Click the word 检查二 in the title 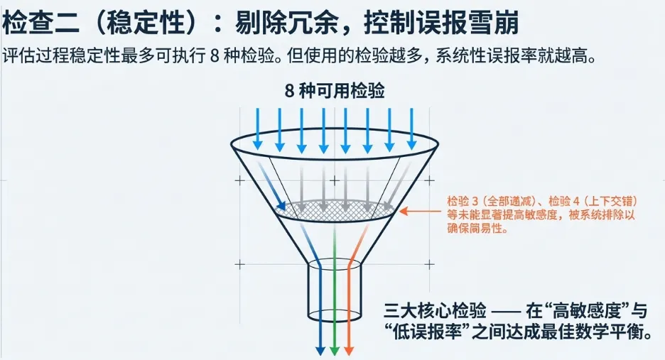36,23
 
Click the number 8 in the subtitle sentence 215,56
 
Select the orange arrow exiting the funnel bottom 348,312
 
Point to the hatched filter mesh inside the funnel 334,209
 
